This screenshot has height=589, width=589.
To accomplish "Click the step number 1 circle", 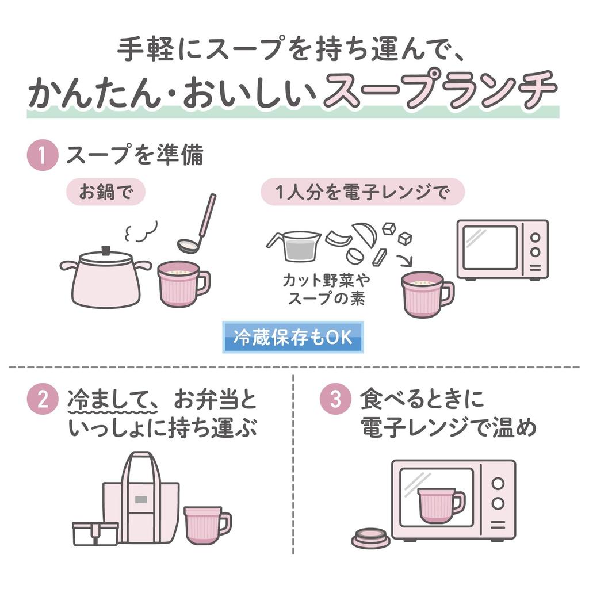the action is tap(43, 155).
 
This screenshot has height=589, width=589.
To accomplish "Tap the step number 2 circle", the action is tap(43, 399).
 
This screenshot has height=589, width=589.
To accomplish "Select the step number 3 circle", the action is tap(335, 399).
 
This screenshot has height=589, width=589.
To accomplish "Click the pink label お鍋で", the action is tap(106, 192).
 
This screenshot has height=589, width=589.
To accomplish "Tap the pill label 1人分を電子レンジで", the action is tap(362, 192).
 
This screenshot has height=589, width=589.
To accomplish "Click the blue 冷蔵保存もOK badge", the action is tap(293, 337).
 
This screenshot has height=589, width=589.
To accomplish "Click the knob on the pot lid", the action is tap(106, 250).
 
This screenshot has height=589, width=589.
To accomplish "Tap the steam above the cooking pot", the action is tap(140, 231).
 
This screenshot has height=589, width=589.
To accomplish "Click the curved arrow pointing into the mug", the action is tap(405, 260).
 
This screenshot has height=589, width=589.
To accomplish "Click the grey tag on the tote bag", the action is tap(141, 499).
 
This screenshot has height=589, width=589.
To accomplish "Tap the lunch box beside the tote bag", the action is tap(95, 534).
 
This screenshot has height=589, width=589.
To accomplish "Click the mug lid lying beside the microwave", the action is tap(371, 538).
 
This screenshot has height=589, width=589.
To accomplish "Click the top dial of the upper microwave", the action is tap(536, 238).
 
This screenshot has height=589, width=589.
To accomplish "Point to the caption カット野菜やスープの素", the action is tap(327, 289).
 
